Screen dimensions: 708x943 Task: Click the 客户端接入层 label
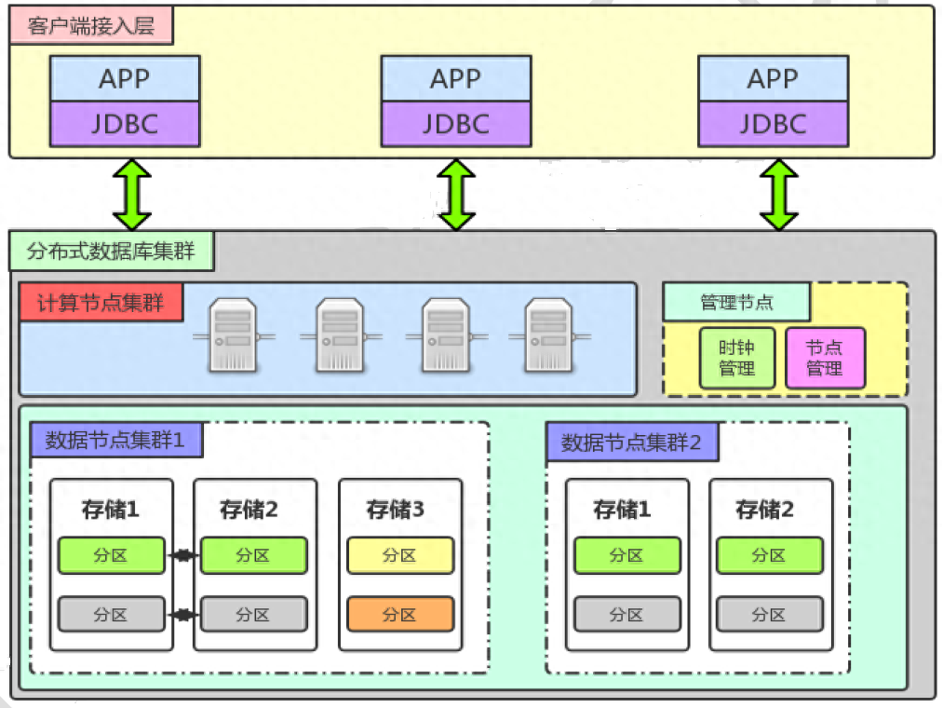click(91, 26)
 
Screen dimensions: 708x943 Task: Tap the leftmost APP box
click(125, 78)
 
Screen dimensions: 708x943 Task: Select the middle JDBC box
click(456, 124)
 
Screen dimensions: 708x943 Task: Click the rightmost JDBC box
click(774, 124)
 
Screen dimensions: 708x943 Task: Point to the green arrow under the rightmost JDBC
click(779, 195)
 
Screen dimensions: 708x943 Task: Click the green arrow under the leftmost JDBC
click(132, 195)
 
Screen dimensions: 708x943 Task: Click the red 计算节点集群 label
click(101, 303)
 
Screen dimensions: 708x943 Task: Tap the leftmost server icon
click(233, 334)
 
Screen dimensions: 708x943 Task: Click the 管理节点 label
click(736, 302)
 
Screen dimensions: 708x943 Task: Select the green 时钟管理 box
click(736, 358)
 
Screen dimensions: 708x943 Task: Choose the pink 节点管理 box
click(825, 358)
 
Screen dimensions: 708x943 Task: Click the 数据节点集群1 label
click(115, 440)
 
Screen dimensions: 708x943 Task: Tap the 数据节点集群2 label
click(632, 442)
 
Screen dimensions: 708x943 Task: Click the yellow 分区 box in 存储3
click(400, 555)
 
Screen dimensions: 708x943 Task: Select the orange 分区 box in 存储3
click(400, 615)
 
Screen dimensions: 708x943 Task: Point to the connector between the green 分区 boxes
click(182, 556)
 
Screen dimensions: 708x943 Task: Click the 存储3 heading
click(396, 510)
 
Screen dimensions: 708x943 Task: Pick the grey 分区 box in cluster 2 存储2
click(769, 615)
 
